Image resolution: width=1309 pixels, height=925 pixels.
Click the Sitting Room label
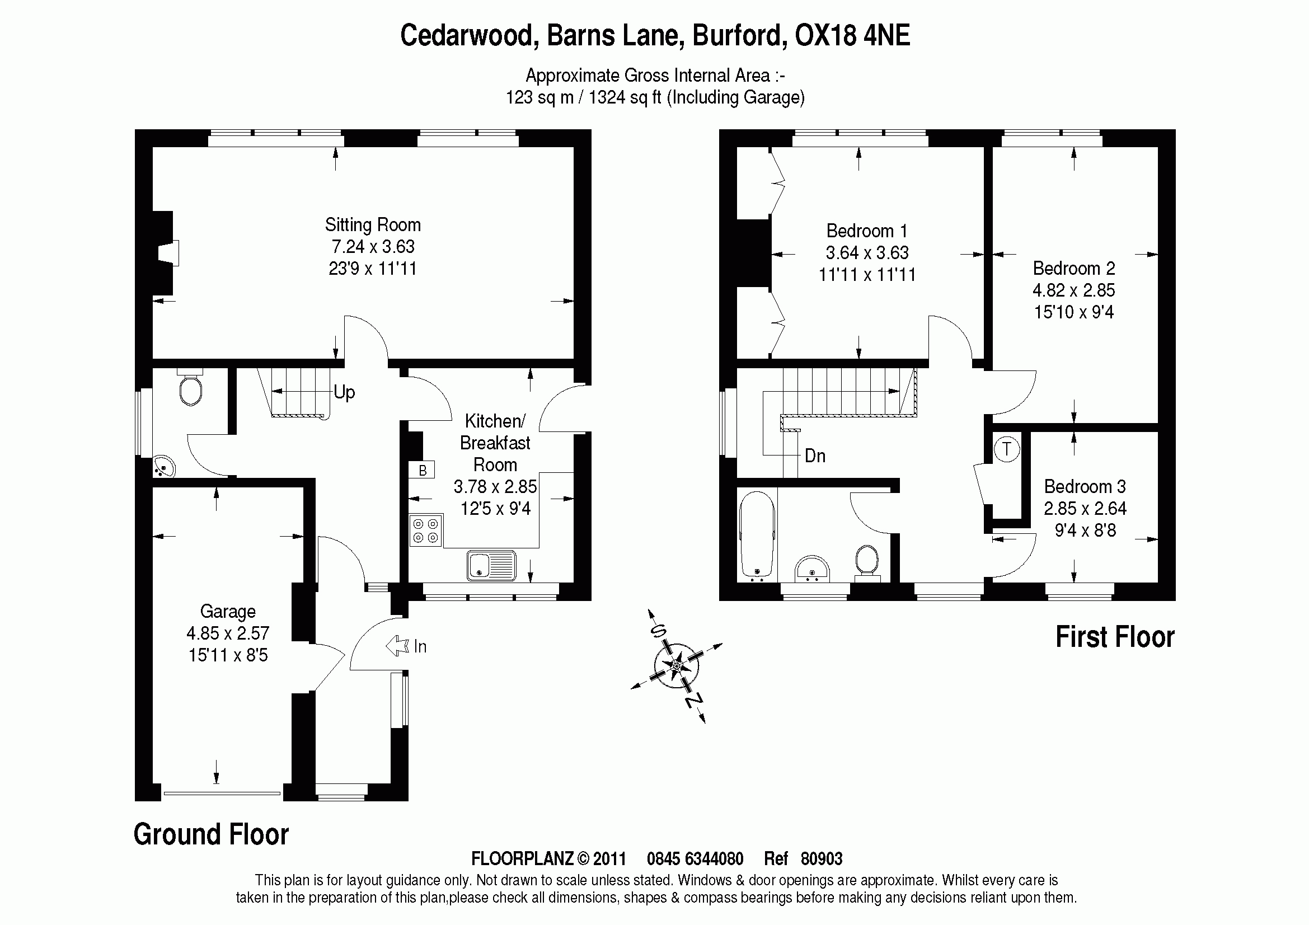373,225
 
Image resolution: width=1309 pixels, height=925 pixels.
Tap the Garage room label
227,612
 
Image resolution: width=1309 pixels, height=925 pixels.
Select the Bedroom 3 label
1085,487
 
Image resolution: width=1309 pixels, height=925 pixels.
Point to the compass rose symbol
676,665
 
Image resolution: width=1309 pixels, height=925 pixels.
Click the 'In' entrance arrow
398,646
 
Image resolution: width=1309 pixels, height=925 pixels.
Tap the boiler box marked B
422,470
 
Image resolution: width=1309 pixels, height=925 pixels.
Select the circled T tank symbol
1006,449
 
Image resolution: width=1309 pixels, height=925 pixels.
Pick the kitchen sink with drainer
491,565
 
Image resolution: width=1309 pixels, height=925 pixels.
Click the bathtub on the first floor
757,535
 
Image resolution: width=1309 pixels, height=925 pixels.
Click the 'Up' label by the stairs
344,392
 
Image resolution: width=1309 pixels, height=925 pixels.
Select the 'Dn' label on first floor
815,456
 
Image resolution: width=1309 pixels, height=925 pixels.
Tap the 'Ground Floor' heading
211,834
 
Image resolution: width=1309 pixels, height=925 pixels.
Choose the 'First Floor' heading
1115,637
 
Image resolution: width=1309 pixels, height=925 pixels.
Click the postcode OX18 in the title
825,35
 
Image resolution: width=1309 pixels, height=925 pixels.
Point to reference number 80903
821,859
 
